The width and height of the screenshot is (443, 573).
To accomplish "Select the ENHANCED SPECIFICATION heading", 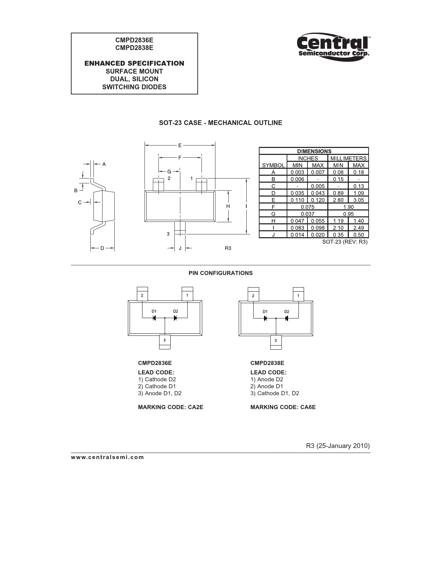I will pyautogui.click(x=134, y=63).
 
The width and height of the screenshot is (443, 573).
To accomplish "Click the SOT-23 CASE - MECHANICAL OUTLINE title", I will pyautogui.click(x=221, y=123).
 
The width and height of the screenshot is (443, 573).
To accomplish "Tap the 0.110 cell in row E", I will pyautogui.click(x=297, y=200).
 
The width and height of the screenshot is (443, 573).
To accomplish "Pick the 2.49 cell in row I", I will pyautogui.click(x=359, y=228).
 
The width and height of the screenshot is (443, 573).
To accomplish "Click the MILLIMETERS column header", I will pyautogui.click(x=348, y=158).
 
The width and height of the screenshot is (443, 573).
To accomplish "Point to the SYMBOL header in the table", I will pyautogui.click(x=273, y=165).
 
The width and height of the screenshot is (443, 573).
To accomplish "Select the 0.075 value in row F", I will pyautogui.click(x=307, y=207).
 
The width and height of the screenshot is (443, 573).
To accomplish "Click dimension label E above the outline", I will pyautogui.click(x=180, y=146).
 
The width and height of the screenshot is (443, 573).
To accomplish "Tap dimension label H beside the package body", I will pyautogui.click(x=228, y=206).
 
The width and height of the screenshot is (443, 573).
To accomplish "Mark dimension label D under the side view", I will pyautogui.click(x=102, y=248).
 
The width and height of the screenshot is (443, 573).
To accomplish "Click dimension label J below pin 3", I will pyautogui.click(x=180, y=248).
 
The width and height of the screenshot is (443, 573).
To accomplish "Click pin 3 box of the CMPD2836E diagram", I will pyautogui.click(x=165, y=340).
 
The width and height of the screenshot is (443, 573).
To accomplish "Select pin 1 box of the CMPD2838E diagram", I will pyautogui.click(x=298, y=296).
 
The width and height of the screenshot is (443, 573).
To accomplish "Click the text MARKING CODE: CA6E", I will pyautogui.click(x=283, y=407).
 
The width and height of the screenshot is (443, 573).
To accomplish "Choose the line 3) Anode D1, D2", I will pyautogui.click(x=160, y=393).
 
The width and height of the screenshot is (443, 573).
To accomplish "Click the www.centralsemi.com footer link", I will pyautogui.click(x=107, y=457).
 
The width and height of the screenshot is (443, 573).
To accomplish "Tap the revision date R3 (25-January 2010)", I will pyautogui.click(x=338, y=446).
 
